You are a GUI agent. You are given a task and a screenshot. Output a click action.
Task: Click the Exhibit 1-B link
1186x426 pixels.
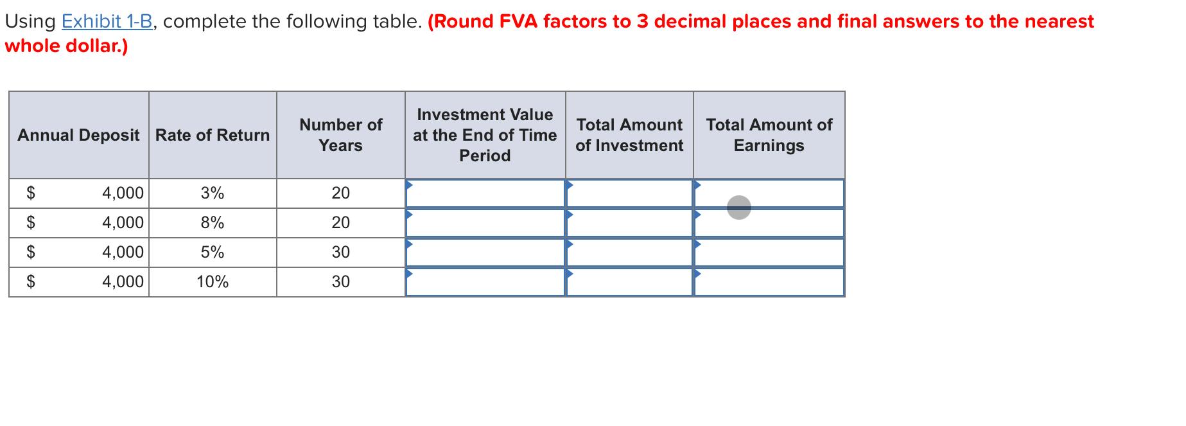tap(107, 22)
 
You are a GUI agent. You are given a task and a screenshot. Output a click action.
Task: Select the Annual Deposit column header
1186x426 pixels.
tap(78, 135)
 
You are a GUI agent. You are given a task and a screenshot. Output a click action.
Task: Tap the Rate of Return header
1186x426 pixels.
tap(213, 135)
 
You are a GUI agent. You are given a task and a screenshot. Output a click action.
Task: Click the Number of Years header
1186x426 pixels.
tap(340, 135)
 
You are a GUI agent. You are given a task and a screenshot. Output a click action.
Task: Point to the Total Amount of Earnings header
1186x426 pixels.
tap(769, 135)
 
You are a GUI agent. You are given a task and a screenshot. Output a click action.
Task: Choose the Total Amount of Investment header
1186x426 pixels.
tap(629, 135)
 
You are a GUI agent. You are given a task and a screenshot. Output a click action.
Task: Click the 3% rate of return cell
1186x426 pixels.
tap(213, 193)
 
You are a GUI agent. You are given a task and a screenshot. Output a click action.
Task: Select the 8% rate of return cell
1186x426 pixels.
tap(213, 223)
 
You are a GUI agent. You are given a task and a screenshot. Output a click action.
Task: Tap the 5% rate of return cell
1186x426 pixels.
tap(213, 253)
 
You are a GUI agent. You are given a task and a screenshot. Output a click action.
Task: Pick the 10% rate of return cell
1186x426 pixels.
tap(213, 282)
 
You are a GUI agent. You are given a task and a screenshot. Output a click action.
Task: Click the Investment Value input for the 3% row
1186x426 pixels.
tap(485, 193)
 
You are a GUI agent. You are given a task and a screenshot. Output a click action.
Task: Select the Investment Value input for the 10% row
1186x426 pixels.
tap(485, 283)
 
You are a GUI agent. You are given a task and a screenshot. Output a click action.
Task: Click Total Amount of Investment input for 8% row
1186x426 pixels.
tap(629, 223)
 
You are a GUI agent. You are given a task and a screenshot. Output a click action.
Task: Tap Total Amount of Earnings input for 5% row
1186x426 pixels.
tap(769, 253)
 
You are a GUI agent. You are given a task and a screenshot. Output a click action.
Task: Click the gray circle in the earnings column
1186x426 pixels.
tap(739, 207)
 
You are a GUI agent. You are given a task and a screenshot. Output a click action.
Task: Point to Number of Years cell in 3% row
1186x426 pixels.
tap(340, 193)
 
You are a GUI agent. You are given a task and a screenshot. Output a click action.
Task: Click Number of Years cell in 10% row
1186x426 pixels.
tap(340, 282)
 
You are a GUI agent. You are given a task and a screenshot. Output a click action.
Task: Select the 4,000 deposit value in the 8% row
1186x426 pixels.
tap(123, 223)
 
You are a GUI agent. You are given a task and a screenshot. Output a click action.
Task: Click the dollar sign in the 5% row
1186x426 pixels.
tap(30, 253)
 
